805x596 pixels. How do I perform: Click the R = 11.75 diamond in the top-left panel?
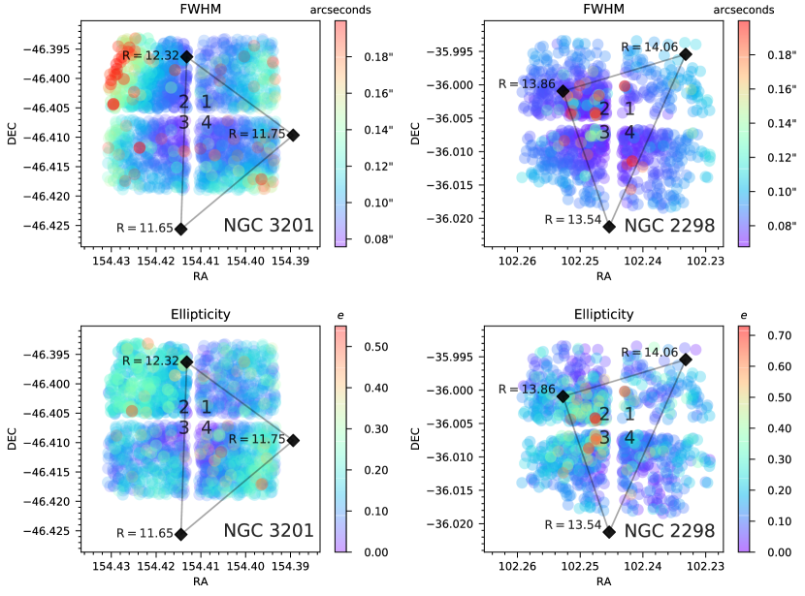click(x=293, y=135)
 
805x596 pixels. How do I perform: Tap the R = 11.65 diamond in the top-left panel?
click(x=180, y=229)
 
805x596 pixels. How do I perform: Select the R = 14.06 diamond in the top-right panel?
click(x=686, y=54)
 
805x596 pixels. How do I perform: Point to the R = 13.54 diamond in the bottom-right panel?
click(x=609, y=532)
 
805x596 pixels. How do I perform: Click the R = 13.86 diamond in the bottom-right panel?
click(x=563, y=396)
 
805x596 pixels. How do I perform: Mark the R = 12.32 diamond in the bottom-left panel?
click(x=186, y=361)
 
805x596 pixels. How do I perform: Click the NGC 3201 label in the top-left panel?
click(x=269, y=226)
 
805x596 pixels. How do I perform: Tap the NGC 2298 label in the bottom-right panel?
click(x=669, y=531)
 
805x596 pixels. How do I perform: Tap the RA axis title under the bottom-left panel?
click(x=200, y=581)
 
